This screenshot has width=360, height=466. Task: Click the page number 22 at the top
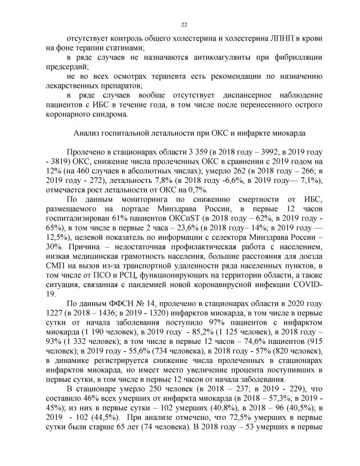184,24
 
